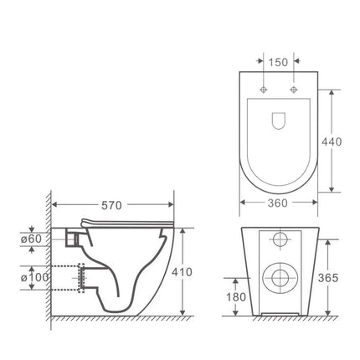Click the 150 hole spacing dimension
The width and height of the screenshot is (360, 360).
point(280,63)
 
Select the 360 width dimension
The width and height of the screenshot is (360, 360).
point(280,202)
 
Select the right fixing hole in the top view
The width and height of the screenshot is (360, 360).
point(294,89)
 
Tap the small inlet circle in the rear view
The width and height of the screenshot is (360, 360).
point(280,241)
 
